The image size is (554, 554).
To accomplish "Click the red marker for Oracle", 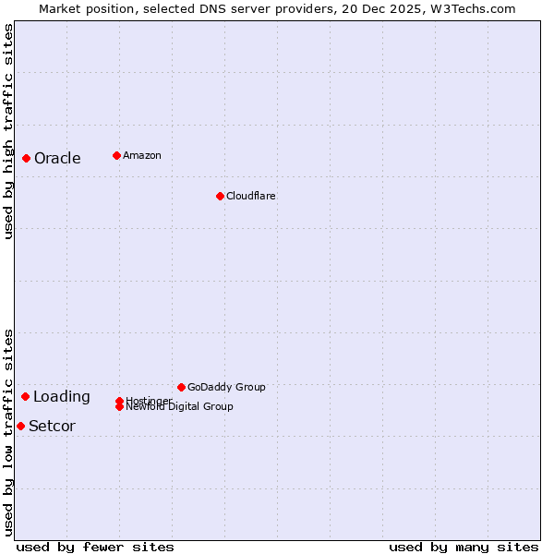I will [x=26, y=158].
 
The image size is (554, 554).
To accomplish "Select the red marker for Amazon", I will [x=116, y=155].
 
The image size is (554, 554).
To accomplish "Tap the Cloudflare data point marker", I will [x=220, y=196].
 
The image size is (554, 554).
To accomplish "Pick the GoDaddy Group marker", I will [x=181, y=387].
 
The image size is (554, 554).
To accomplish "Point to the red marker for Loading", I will [x=25, y=396].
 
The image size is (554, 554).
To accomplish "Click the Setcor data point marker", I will [x=20, y=426].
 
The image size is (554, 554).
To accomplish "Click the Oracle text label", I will [x=57, y=158].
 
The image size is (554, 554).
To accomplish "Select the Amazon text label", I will [x=142, y=155].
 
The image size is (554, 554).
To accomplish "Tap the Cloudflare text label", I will [x=250, y=196].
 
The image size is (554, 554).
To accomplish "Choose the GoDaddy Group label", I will [x=226, y=387].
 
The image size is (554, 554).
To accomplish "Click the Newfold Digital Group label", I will [x=180, y=407].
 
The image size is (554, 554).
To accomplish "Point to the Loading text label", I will [x=62, y=397].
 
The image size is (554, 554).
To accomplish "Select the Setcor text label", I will [x=52, y=427].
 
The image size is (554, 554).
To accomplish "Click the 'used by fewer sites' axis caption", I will [x=95, y=547].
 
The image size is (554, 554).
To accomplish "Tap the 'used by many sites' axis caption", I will [x=464, y=547].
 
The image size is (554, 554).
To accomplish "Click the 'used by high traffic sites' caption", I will [x=9, y=131].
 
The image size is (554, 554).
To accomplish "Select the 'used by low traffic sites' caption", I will [x=9, y=431].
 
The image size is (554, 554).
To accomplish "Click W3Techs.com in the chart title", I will [x=471, y=9].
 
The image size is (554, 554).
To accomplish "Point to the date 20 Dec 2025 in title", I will [x=382, y=9].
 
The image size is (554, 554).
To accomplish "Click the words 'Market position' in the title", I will [x=82, y=9].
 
